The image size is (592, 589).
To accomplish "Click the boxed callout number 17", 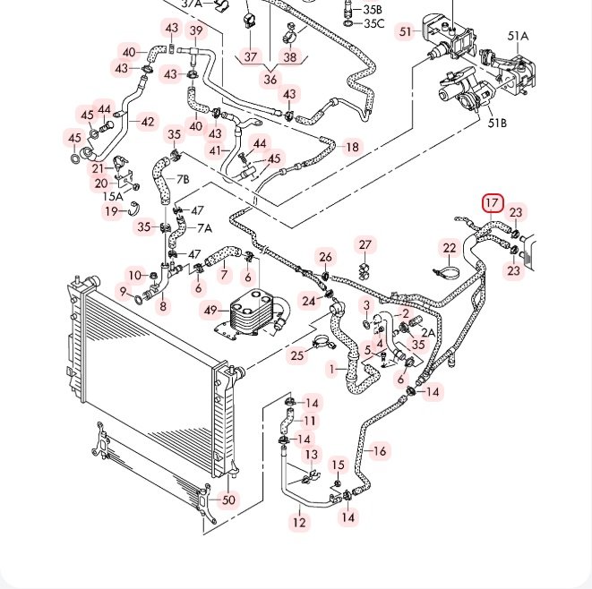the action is [x=493, y=203].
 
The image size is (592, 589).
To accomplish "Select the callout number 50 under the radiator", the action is [x=228, y=499].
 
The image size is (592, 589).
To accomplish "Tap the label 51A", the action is [x=518, y=36].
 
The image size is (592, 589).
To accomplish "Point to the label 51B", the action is [x=497, y=123].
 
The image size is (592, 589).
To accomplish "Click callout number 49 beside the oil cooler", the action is [x=210, y=310].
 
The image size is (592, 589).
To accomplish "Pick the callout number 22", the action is [x=450, y=248].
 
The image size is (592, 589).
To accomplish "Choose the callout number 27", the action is [x=365, y=245].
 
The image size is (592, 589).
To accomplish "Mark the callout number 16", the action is [x=380, y=451].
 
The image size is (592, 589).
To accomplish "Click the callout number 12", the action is [x=299, y=523].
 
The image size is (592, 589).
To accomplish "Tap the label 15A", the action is [x=113, y=196].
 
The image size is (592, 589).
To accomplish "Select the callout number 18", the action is [x=352, y=147].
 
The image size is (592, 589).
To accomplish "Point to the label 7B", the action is [x=183, y=179].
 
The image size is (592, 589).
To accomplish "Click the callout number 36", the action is [x=270, y=80].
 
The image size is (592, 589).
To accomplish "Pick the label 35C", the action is [x=373, y=23].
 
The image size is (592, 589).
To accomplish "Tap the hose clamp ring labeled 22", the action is [x=447, y=273].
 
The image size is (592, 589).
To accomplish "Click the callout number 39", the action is [x=196, y=30].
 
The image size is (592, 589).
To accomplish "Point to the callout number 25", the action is [x=297, y=355].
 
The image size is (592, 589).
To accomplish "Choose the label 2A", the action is [x=428, y=332].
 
